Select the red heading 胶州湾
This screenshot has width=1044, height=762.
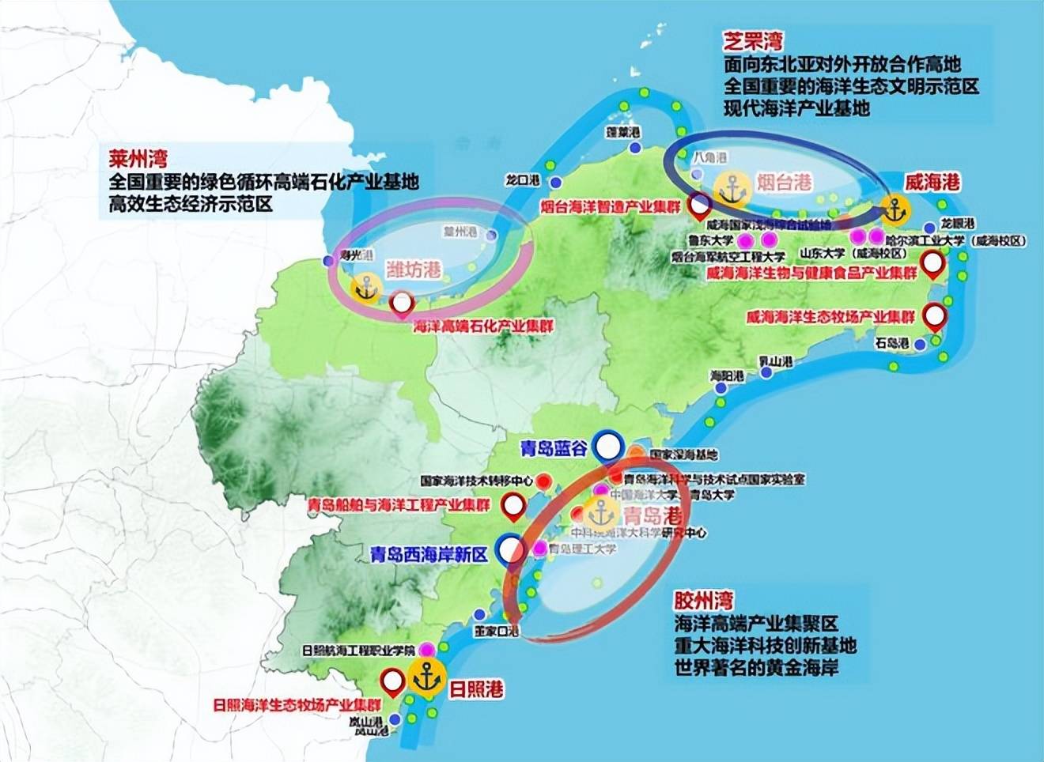click(703, 600)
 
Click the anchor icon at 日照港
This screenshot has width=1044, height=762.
click(426, 677)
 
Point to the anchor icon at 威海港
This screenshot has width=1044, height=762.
click(895, 210)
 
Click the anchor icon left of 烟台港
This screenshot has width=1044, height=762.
click(732, 188)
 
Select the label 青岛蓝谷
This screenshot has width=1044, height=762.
click(553, 448)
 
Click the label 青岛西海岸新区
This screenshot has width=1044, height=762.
click(429, 553)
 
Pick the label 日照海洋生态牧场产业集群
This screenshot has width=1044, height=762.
click(297, 705)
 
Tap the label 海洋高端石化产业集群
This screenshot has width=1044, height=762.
click(483, 326)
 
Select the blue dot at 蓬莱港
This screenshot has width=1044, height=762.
click(634, 148)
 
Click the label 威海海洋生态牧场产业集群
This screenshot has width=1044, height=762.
click(830, 317)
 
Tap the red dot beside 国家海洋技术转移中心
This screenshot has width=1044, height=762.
click(543, 480)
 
